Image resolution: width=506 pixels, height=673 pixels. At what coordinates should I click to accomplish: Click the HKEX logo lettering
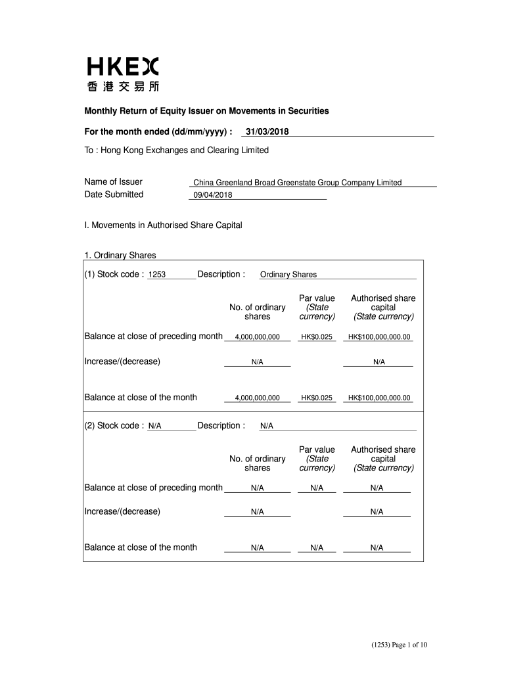tap(122, 66)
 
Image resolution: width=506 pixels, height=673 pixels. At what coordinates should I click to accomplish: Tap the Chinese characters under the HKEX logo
tap(122, 86)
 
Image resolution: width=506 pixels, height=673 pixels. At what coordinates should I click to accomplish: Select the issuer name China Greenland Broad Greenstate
tap(297, 183)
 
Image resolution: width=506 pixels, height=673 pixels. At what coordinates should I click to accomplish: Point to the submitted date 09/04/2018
tap(213, 195)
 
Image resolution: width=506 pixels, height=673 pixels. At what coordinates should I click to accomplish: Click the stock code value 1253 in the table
tap(157, 275)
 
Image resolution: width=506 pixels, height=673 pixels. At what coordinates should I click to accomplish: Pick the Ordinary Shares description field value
tap(288, 275)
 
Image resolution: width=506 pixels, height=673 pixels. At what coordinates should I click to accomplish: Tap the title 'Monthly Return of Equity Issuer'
tap(206, 111)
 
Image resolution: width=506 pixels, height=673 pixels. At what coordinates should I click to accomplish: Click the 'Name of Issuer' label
tap(113, 182)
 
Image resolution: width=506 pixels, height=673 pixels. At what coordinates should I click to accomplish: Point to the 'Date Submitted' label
tap(114, 194)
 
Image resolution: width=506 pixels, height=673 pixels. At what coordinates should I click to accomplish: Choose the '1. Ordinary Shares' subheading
tap(120, 255)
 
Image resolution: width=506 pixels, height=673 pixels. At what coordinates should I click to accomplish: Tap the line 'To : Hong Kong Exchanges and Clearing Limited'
tap(177, 151)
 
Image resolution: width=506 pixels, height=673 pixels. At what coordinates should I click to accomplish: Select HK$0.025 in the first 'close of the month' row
tap(317, 398)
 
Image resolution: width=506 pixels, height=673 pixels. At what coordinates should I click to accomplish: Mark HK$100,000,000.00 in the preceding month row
tap(379, 337)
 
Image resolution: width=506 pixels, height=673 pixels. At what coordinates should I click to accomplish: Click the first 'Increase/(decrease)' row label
tap(122, 361)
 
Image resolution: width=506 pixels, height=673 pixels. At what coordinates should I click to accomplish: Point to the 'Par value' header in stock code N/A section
tap(317, 450)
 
